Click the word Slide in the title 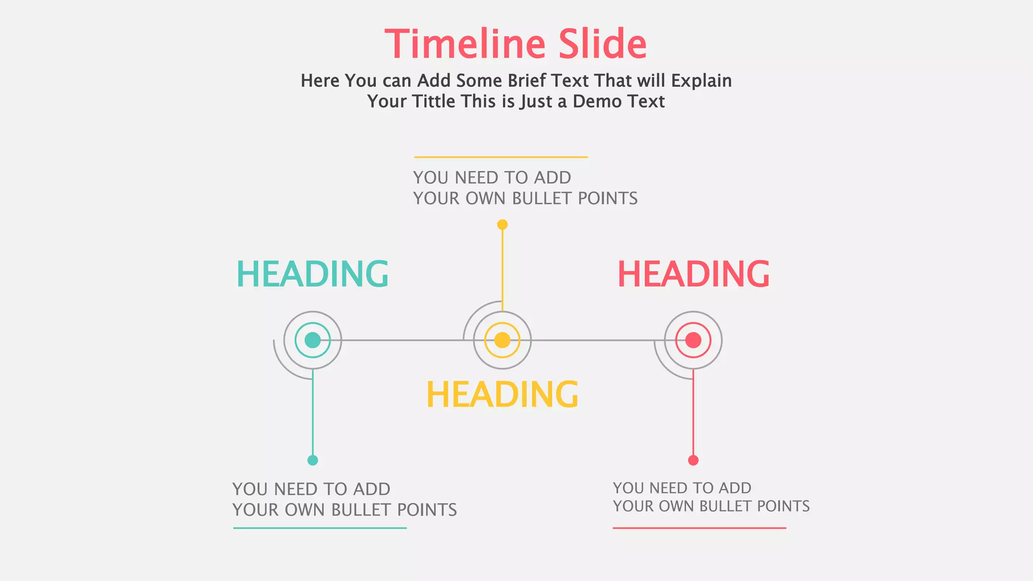pos(602,44)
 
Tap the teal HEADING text pos(312,274)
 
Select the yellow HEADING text pos(502,394)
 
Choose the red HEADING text pos(694,274)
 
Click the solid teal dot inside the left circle pos(313,340)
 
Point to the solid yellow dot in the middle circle pos(502,340)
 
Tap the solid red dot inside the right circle pos(694,340)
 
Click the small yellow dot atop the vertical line pos(502,224)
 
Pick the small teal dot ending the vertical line pos(313,460)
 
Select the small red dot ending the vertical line pos(694,460)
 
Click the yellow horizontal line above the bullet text pos(501,157)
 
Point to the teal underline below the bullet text pos(320,528)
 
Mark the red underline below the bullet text pos(699,528)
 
